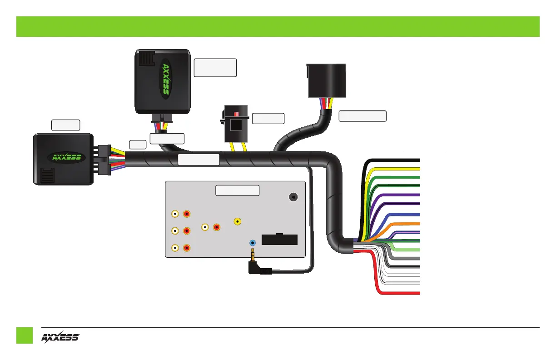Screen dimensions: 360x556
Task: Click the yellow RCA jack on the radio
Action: click(x=237, y=221)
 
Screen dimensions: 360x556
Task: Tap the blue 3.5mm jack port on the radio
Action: click(x=253, y=243)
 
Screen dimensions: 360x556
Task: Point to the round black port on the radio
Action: click(x=293, y=197)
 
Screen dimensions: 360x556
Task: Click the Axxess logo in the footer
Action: click(x=60, y=337)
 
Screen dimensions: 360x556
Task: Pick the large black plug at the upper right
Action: click(x=327, y=80)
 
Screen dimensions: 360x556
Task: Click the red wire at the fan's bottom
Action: click(x=400, y=294)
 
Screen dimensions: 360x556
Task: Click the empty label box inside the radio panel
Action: click(x=237, y=190)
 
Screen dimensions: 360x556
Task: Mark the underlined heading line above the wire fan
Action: click(x=426, y=151)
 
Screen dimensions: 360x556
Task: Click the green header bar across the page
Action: click(x=278, y=26)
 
